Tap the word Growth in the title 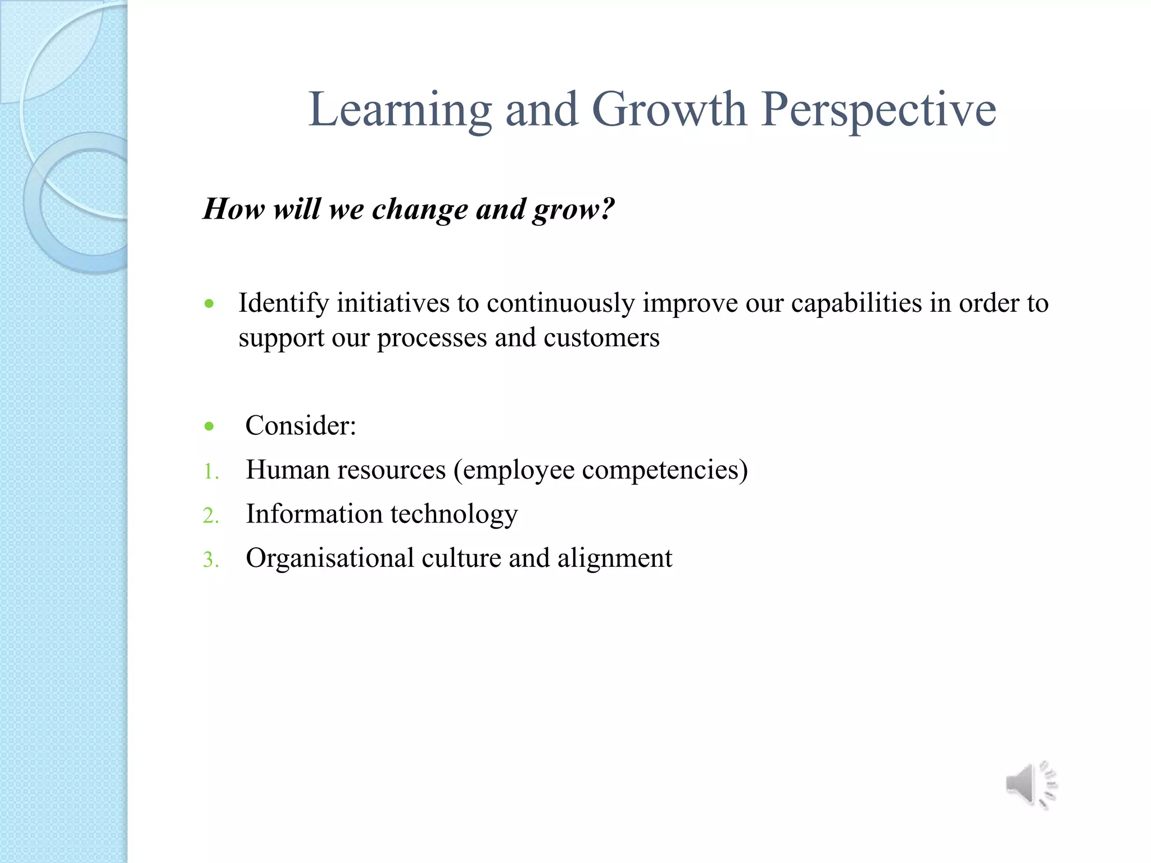tap(669, 109)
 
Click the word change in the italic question tap(420, 210)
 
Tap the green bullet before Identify tap(210, 305)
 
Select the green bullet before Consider tap(210, 426)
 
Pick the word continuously tap(561, 303)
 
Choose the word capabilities tap(857, 303)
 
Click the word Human tap(287, 470)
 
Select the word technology tap(454, 514)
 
